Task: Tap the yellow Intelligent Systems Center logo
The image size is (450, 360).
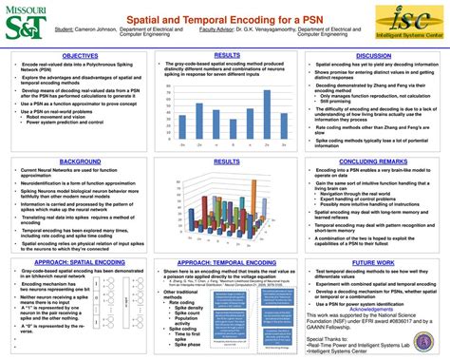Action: [x=408, y=22]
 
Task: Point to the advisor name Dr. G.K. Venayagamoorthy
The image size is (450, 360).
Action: [x=265, y=30]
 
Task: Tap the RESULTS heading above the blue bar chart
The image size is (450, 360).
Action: [x=226, y=56]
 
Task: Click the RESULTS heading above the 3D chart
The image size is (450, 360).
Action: [x=226, y=161]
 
